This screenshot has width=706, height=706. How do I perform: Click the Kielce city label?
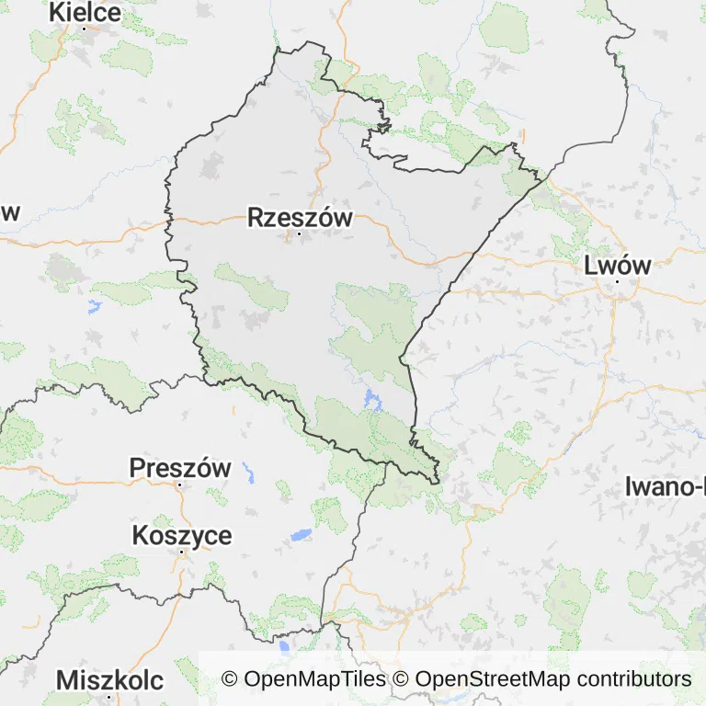point(85,12)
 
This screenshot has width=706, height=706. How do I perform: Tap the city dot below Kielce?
point(85,28)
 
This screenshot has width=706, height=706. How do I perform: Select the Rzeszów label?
point(300,218)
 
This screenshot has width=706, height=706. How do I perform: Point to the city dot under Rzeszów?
point(299,234)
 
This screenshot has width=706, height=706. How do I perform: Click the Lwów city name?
point(618,266)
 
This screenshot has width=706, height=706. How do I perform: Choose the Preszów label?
point(180,467)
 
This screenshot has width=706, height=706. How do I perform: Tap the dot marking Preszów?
point(180,484)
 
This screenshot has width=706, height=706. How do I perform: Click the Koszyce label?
point(182,535)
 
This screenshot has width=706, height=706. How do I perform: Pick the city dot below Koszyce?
point(183,552)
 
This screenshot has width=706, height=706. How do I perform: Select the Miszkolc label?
point(110,680)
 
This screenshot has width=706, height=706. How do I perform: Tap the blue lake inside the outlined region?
point(371,399)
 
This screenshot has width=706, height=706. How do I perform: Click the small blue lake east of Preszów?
point(248,473)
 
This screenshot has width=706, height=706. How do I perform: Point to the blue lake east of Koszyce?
point(301,534)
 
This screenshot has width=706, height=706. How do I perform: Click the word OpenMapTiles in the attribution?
point(315,679)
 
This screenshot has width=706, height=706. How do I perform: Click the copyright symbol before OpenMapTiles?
point(230,679)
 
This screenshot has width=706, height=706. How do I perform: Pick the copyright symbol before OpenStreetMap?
point(401,679)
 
